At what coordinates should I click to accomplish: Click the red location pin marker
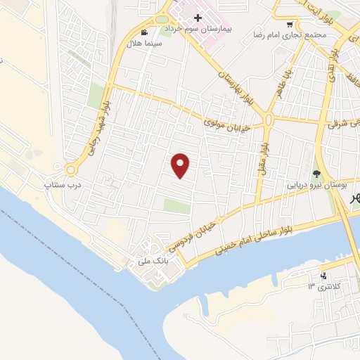pos(181,165)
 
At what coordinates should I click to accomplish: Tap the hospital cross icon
pos(198,18)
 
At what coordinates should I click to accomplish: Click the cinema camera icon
pos(144,32)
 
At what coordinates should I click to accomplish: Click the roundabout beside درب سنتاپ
pos(70,169)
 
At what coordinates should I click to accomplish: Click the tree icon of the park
pos(316,174)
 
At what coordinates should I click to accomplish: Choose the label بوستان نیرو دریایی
pos(317,186)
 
